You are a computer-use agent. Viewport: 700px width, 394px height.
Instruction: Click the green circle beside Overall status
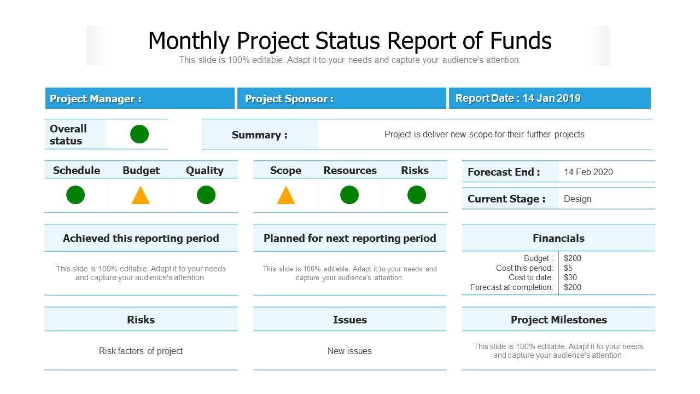coord(139,134)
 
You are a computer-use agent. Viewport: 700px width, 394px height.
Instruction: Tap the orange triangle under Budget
coord(141,196)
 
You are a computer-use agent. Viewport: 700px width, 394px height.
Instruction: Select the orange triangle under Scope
coord(285,196)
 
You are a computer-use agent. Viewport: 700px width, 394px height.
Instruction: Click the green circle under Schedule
coord(75,195)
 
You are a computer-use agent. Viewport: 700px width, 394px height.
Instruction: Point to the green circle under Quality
coord(206,195)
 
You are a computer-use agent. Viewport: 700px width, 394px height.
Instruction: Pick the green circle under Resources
coord(349,195)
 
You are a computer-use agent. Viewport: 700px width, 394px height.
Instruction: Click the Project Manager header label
coord(96,99)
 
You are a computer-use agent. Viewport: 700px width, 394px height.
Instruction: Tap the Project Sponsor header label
coord(289,99)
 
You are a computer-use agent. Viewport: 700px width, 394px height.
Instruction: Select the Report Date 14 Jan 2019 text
coord(518,99)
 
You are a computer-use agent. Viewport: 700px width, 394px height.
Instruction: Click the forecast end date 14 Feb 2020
coord(588,172)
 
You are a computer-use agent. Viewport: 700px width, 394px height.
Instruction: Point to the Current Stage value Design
coord(577,199)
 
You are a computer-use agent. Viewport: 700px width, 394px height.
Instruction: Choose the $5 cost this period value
coord(568,268)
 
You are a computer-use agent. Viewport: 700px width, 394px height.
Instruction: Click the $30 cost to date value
coord(570,277)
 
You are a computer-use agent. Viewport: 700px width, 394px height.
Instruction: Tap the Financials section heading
coord(558,238)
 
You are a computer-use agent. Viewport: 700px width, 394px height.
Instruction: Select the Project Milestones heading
coord(558,320)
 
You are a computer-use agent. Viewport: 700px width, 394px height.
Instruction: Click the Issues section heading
coord(349,320)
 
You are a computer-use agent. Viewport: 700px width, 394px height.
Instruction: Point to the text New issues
coord(349,351)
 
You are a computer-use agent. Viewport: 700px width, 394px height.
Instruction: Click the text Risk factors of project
coord(141,351)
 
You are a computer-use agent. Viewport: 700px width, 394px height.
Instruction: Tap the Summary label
coord(259,135)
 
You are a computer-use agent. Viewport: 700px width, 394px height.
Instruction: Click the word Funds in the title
coord(521,41)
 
